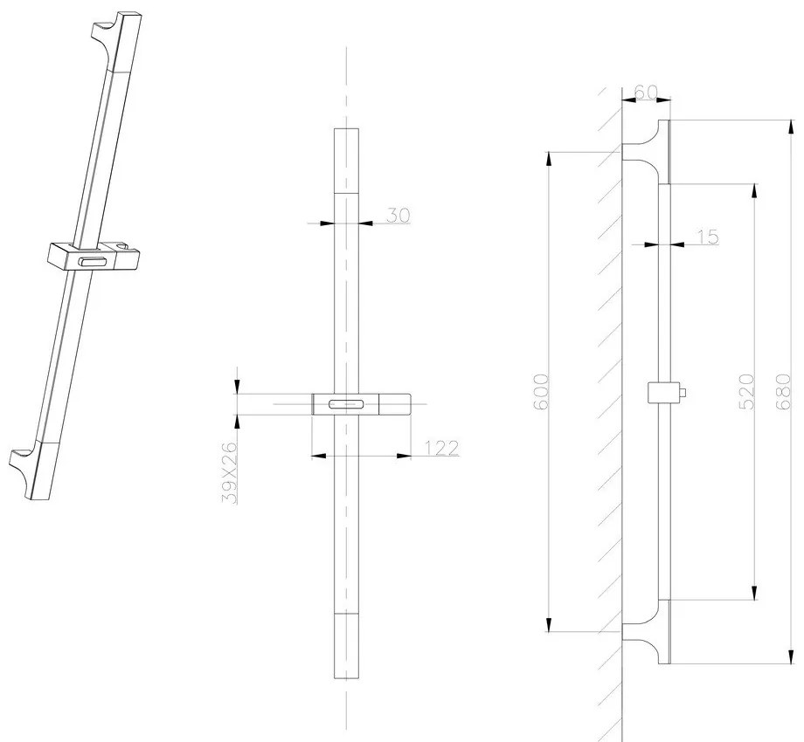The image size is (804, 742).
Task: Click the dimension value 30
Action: [399, 215]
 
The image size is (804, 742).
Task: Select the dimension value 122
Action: [442, 448]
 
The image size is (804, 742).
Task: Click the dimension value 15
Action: [708, 236]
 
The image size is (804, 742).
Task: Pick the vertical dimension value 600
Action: [539, 394]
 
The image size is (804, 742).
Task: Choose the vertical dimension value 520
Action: [745, 393]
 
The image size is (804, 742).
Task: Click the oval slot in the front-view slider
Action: [347, 403]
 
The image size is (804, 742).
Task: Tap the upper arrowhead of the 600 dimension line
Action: [549, 159]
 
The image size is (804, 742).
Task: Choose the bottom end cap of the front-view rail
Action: [347, 646]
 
